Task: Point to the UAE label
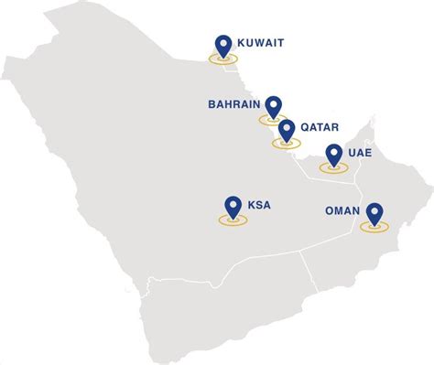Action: (x=360, y=154)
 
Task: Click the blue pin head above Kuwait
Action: (x=222, y=42)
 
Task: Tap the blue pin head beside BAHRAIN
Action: (x=272, y=104)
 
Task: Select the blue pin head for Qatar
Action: (x=287, y=129)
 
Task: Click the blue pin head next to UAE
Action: (x=333, y=154)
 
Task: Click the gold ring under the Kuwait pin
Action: (x=222, y=58)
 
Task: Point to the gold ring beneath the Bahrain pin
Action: (x=272, y=120)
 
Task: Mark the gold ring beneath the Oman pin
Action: (x=373, y=227)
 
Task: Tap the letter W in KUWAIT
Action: (x=262, y=41)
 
